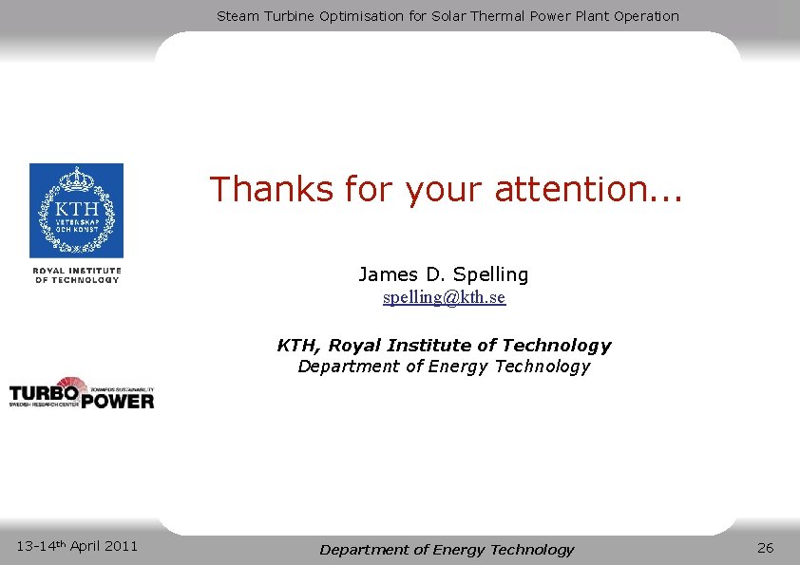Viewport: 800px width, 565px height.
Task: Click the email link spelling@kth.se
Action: click(x=444, y=298)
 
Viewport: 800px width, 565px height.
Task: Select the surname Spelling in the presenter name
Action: click(x=490, y=275)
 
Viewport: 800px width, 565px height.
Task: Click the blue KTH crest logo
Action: click(x=76, y=211)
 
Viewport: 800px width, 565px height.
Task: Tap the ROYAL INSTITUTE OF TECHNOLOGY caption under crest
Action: click(x=77, y=274)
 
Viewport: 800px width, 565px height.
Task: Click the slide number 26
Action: click(x=766, y=548)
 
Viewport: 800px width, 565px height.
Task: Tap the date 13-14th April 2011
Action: click(x=77, y=545)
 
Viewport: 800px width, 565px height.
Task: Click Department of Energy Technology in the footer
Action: click(x=447, y=550)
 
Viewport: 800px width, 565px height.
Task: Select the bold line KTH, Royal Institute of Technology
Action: click(x=444, y=346)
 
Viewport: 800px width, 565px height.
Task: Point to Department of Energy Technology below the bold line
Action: click(x=444, y=367)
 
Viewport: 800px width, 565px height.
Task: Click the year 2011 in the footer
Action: click(x=121, y=545)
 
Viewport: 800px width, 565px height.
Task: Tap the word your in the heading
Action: click(x=443, y=189)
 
